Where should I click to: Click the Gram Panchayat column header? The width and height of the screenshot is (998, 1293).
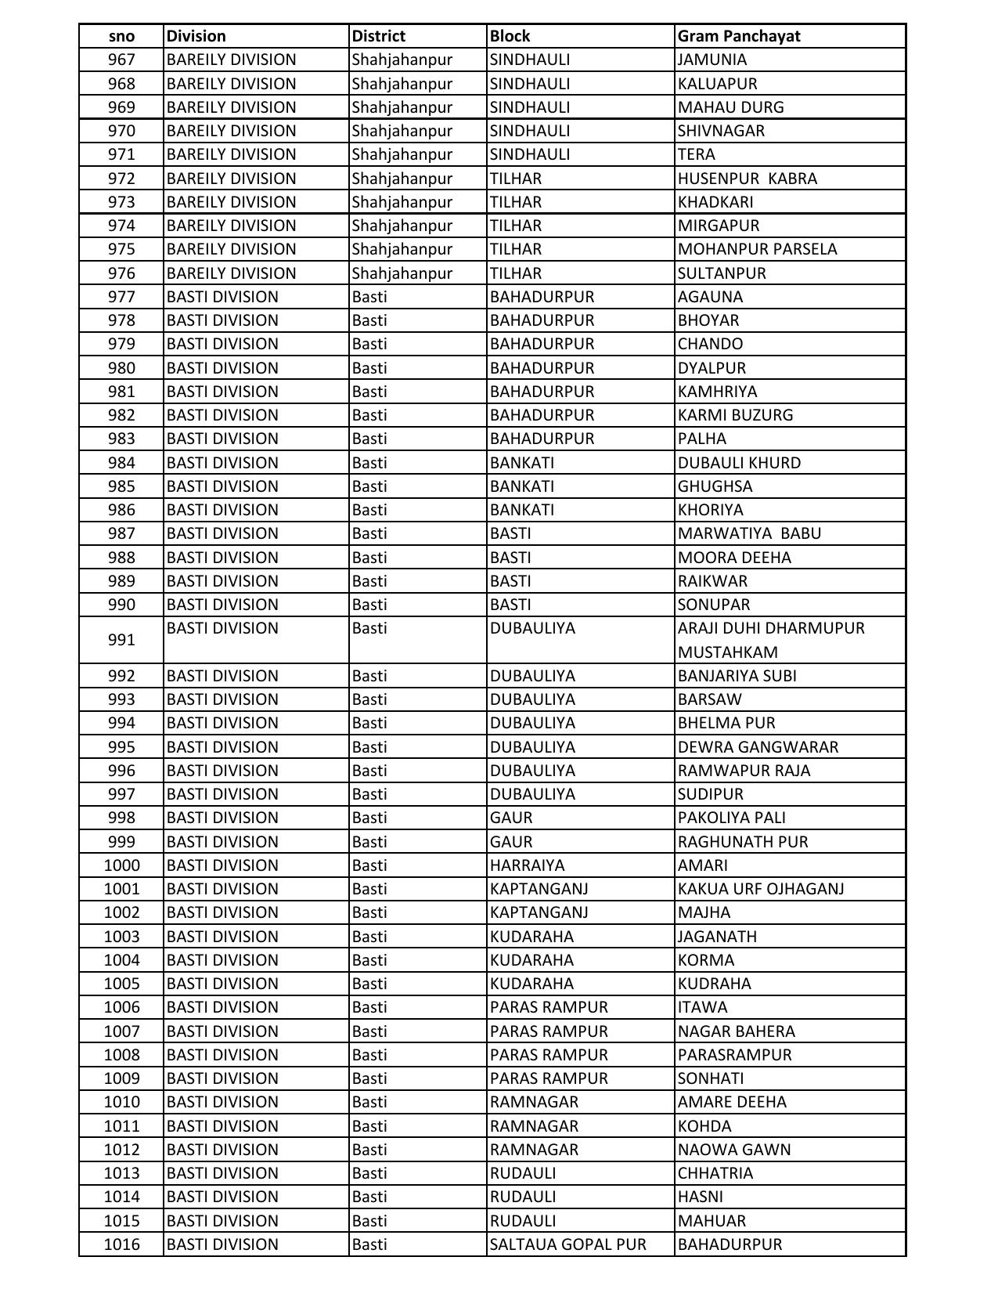point(739,36)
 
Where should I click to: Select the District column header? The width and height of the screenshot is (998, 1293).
point(379,36)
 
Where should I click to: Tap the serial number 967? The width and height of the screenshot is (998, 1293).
point(121,60)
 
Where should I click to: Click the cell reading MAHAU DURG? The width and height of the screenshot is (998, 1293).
point(730,107)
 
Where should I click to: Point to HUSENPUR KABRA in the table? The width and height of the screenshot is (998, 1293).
point(747,179)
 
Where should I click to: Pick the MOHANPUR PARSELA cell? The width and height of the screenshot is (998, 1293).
point(757,249)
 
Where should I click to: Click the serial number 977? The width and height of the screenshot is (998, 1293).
point(121,297)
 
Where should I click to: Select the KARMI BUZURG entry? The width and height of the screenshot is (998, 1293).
point(735,415)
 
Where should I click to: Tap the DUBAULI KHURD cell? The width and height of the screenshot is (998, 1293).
point(739,463)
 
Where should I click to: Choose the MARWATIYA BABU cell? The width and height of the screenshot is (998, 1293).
point(749,533)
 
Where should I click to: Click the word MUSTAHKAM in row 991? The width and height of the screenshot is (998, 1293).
point(727,652)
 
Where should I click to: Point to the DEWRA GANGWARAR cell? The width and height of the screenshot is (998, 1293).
point(758,747)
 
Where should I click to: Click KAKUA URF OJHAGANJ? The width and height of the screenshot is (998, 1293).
point(761,889)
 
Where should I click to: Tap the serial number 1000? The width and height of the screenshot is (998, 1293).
point(121,865)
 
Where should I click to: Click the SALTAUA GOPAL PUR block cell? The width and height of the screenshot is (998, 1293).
point(567,1244)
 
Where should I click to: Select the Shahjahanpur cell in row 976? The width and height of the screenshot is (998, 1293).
point(402,273)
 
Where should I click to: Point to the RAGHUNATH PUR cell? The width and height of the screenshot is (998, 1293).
point(743,842)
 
